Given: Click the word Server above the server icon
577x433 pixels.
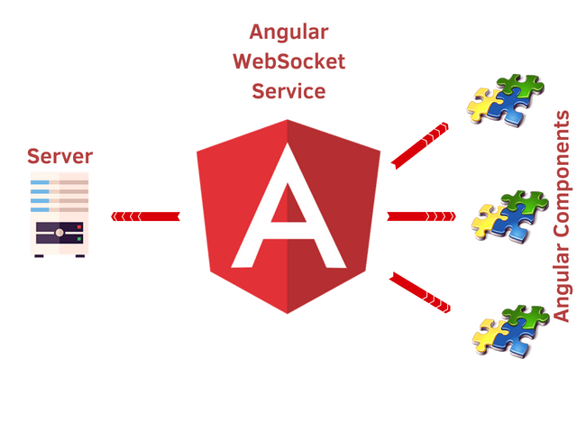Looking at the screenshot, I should pos(60,156).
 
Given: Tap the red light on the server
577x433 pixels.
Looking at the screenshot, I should pos(79,226).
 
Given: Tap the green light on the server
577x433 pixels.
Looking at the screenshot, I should pos(79,239).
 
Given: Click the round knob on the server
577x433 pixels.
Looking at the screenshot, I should pos(60,233).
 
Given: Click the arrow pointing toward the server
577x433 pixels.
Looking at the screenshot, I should pos(145,216).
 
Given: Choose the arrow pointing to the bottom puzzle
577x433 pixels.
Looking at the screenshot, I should pos(420,290).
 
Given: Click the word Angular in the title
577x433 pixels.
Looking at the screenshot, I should pos(288,33).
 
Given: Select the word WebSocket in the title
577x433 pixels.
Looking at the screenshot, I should pos(288,62).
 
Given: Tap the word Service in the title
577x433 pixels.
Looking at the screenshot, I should pos(288,91).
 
